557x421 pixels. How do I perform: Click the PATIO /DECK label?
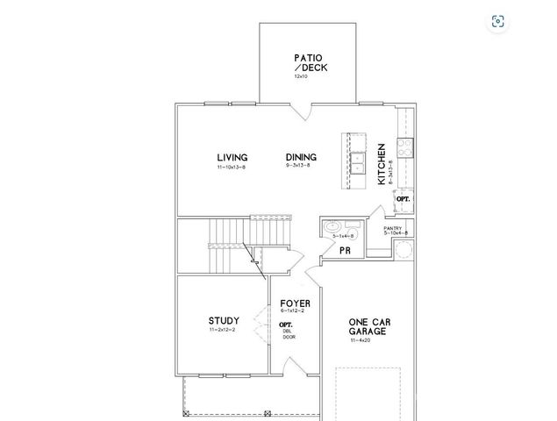[x=308, y=63]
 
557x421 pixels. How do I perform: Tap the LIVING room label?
[x=232, y=158]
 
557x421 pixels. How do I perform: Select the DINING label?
[x=301, y=158]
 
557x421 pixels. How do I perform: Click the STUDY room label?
[x=224, y=321]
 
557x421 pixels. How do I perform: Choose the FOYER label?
[x=296, y=303]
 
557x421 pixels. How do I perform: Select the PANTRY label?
[x=392, y=227]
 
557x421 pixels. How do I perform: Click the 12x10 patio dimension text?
[x=301, y=77]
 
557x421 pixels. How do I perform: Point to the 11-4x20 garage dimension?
[x=362, y=341]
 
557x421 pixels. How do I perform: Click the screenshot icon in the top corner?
[x=497, y=22]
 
